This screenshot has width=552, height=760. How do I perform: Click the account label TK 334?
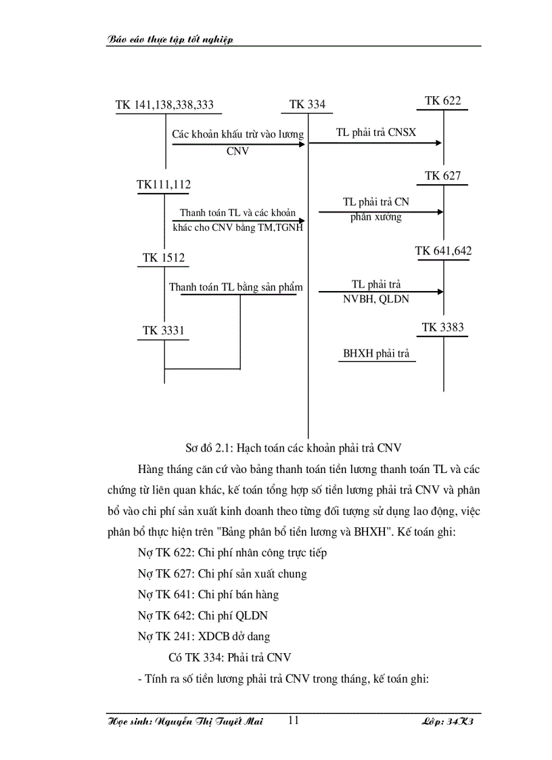point(307,104)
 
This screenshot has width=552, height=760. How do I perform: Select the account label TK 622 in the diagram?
point(443,101)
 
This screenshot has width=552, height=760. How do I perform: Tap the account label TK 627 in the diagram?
point(443,176)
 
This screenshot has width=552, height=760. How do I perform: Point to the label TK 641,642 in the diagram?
point(443,251)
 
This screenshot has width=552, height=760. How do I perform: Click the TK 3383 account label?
point(443,328)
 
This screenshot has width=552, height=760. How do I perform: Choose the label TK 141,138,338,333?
point(164,104)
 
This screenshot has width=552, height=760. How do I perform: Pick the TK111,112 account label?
point(164,184)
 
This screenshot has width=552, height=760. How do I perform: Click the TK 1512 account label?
point(164,258)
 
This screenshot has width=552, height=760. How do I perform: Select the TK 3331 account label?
point(164,330)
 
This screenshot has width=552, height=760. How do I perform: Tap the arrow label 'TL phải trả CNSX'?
point(376,133)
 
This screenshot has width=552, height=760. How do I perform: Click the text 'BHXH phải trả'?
point(376,353)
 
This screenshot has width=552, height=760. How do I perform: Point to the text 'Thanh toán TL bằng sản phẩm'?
point(235,287)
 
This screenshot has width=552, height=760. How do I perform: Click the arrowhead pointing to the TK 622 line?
point(440,143)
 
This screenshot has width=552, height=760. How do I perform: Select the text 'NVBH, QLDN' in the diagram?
point(376,298)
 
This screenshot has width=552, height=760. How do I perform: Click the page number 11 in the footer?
point(293,720)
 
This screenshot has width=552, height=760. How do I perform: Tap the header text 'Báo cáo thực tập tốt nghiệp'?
point(170,40)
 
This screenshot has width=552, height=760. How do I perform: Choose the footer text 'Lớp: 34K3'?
point(450,721)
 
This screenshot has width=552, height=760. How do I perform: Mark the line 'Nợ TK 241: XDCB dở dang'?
point(204,636)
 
